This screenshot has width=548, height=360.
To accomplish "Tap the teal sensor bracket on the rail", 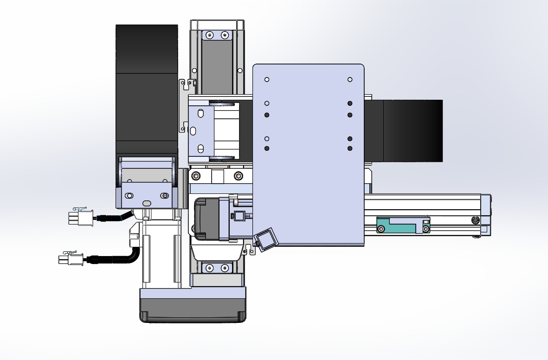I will (x=398, y=225).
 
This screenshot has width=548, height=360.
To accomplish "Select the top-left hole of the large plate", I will (x=267, y=79).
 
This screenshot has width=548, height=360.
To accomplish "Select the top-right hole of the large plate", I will (x=350, y=79).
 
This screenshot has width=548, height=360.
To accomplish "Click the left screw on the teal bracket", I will (x=381, y=229).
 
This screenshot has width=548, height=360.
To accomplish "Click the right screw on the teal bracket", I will (x=426, y=229).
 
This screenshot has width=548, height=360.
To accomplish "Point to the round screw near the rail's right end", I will (x=475, y=219).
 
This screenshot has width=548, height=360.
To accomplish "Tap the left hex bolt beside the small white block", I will (x=196, y=175).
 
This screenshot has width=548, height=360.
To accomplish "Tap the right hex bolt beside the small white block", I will (x=238, y=175).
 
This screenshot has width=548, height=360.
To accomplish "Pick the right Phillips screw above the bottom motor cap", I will (x=225, y=267).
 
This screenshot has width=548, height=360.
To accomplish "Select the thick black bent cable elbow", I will (x=134, y=256).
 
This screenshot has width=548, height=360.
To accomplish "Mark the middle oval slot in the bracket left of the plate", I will (x=193, y=130).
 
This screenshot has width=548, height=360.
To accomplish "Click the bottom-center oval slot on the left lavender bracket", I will (x=147, y=203).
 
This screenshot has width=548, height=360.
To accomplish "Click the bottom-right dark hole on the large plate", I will (x=350, y=148).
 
